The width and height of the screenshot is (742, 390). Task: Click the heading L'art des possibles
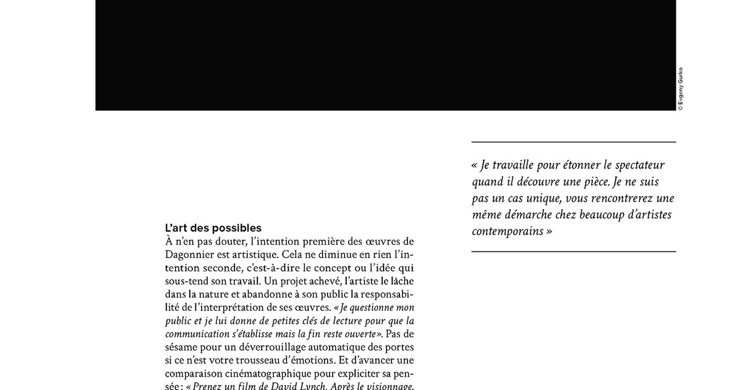tap(213, 228)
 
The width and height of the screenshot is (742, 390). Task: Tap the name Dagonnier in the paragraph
tap(191, 254)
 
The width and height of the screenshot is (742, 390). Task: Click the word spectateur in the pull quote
tap(634, 165)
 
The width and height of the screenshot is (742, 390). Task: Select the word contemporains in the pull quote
tap(508, 232)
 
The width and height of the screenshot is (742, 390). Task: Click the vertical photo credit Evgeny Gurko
tap(680, 89)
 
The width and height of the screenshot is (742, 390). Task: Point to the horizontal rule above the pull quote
tap(573, 142)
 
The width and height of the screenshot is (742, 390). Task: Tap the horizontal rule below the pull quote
tap(573, 252)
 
